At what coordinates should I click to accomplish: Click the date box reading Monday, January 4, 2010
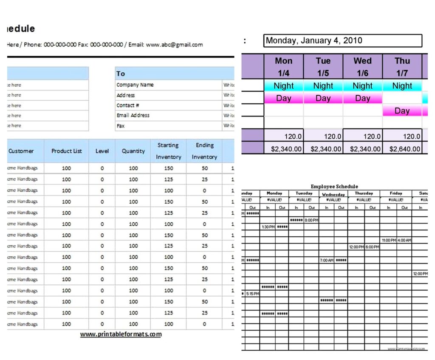click(342, 41)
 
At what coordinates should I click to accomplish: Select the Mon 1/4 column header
click(283, 67)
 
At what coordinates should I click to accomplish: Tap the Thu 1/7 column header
click(402, 67)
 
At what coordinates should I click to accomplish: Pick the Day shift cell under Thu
click(402, 111)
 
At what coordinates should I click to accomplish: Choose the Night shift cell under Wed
click(362, 86)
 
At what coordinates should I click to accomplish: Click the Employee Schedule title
click(334, 186)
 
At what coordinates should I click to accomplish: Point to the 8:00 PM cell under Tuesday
click(311, 220)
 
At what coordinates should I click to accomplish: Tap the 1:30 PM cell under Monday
click(268, 227)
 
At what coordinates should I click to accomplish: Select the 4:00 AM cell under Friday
click(404, 240)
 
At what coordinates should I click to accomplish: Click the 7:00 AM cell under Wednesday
click(327, 260)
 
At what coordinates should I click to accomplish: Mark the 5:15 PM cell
click(252, 294)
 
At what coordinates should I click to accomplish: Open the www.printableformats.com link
click(121, 334)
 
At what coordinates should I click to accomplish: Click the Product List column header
click(66, 151)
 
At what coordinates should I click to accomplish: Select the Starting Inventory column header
click(168, 151)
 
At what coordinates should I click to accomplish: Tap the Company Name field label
click(135, 85)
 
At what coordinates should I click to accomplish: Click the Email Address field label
click(133, 115)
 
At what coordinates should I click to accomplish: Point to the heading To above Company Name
click(121, 74)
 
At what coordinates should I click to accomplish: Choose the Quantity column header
click(133, 151)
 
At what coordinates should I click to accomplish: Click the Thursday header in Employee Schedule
click(364, 193)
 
